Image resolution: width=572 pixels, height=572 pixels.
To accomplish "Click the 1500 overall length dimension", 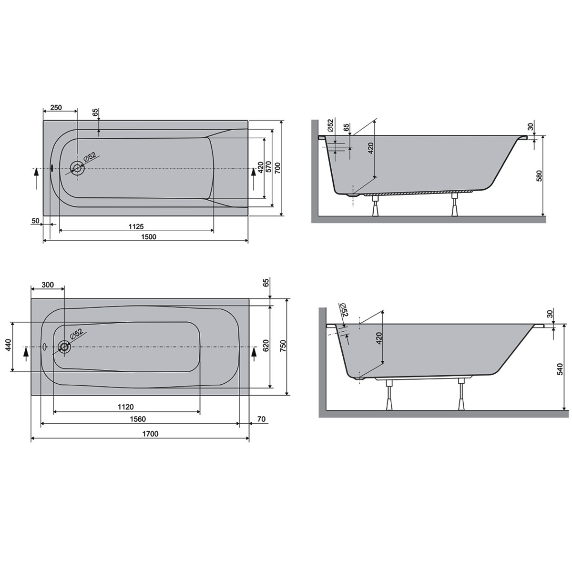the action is click(x=149, y=237).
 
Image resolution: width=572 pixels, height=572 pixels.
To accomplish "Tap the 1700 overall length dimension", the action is click(x=150, y=434).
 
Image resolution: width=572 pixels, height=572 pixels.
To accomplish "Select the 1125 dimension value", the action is click(x=136, y=227).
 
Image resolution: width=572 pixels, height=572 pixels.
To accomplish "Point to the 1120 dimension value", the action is click(x=125, y=407).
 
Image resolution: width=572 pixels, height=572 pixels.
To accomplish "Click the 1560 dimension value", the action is click(x=138, y=419).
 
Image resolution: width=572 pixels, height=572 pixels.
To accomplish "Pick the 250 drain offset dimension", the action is click(x=56, y=107).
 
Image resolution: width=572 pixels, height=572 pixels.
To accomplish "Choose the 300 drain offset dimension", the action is click(x=48, y=285).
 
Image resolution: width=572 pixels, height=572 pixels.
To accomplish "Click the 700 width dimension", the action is click(x=277, y=168).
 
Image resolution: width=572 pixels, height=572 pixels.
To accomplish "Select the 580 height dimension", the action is click(x=540, y=176).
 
